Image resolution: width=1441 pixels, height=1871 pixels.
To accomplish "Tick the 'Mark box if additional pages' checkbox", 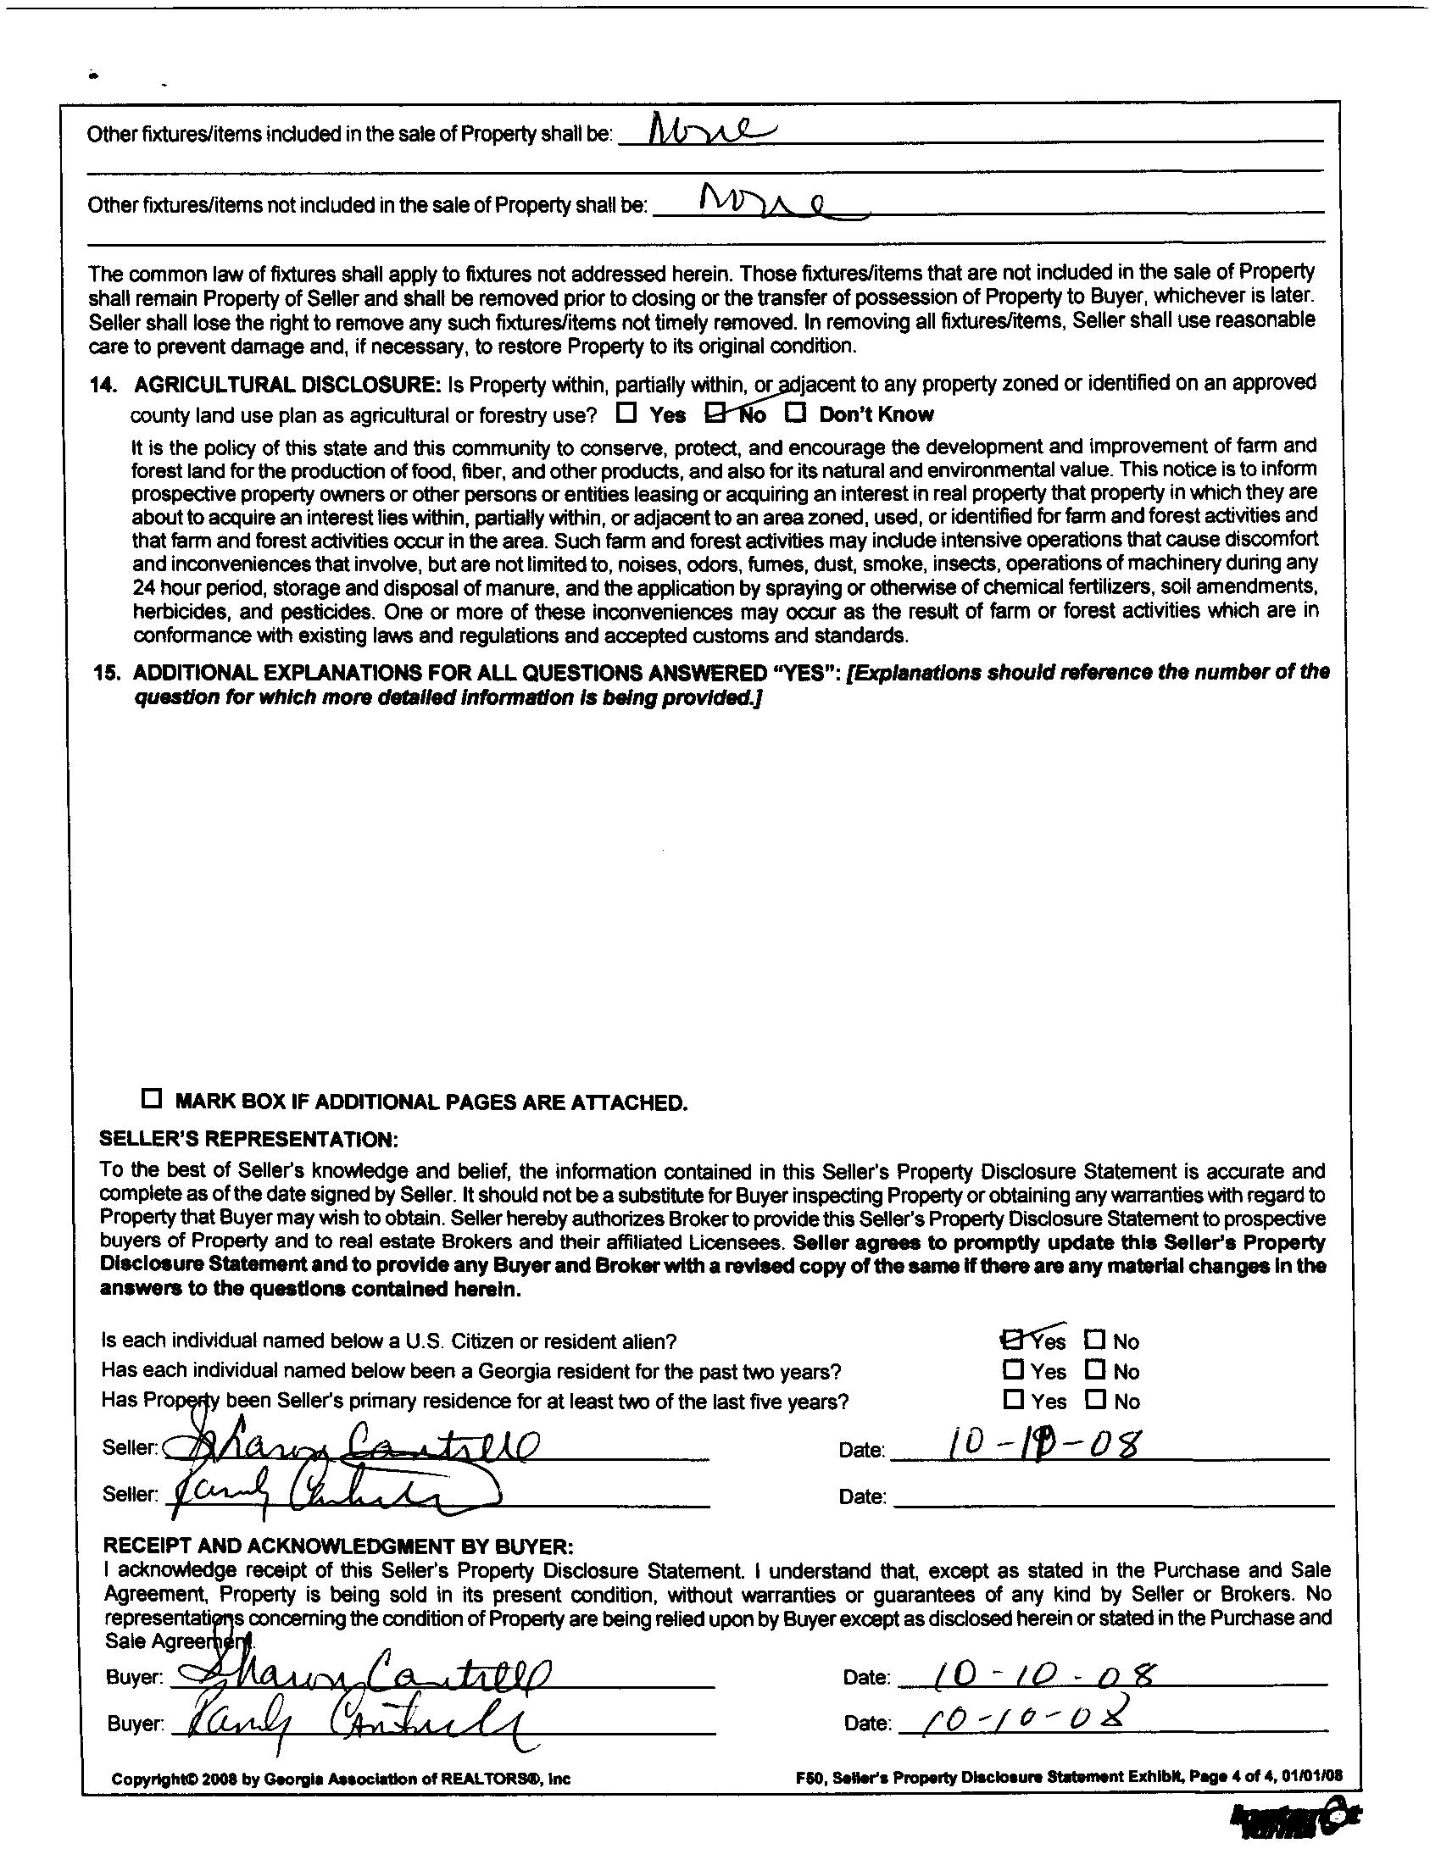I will [x=152, y=1099].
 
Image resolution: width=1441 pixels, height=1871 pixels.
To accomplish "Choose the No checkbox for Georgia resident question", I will [x=1094, y=1370].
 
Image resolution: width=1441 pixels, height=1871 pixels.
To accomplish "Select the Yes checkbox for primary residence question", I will [x=1013, y=1400].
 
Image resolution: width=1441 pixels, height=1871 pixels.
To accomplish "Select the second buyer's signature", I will [x=351, y=1720].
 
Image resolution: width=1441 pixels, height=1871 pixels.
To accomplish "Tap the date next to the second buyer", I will [x=1020, y=1717].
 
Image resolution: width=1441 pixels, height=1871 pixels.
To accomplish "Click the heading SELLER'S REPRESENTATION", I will [x=249, y=1140].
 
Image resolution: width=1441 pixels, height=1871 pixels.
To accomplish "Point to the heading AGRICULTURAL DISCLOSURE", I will [x=287, y=385].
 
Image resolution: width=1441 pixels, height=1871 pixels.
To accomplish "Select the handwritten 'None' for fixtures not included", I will [x=763, y=203].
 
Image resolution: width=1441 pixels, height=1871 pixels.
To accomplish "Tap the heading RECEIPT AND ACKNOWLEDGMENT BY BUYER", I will [x=337, y=1546].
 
